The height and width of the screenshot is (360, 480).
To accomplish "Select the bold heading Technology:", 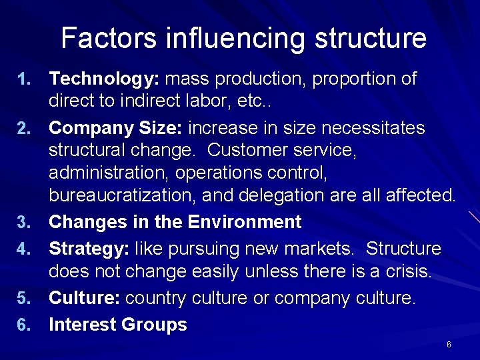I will pyautogui.click(x=104, y=80).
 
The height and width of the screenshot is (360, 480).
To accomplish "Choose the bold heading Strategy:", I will pyautogui.click(x=89, y=249).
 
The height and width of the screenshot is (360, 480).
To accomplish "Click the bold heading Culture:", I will pyautogui.click(x=85, y=297).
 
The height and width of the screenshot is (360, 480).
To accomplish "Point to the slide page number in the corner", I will pyautogui.click(x=449, y=345).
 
